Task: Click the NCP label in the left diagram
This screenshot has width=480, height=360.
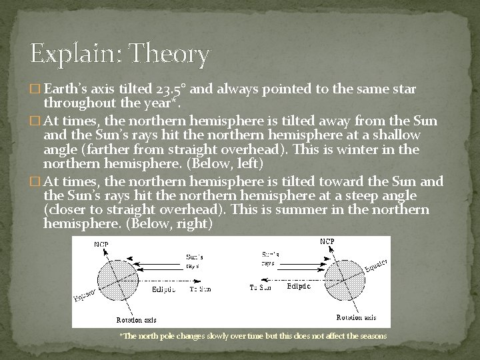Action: (x=101, y=245)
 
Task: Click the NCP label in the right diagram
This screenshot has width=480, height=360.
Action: (x=327, y=241)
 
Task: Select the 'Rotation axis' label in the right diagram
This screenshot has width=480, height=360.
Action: (x=359, y=317)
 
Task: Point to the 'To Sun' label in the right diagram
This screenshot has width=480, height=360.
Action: (x=261, y=288)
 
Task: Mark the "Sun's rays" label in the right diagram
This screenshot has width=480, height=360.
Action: (x=269, y=259)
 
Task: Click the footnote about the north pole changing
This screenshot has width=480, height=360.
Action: (x=253, y=336)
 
